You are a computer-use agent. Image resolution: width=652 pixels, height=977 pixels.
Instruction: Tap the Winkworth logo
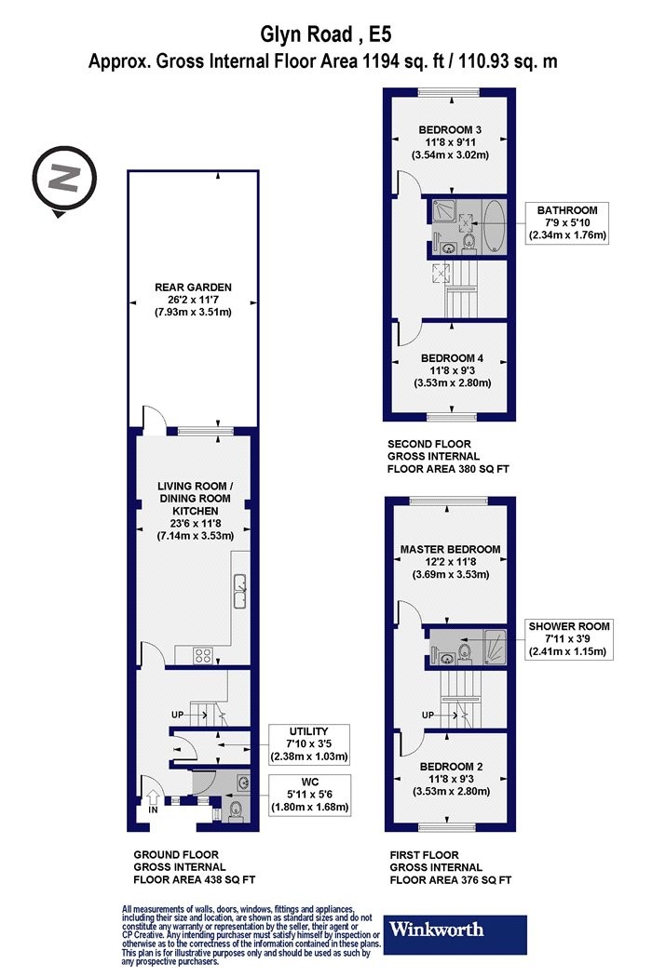[x=455, y=934]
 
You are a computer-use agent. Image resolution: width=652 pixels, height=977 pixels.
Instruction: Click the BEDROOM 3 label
[x=450, y=129]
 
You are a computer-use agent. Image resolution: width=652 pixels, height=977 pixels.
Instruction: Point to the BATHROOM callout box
[x=567, y=223]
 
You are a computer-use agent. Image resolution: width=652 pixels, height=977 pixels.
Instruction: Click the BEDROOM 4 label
[x=452, y=358]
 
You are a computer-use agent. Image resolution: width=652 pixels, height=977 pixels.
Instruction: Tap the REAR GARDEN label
[x=193, y=288]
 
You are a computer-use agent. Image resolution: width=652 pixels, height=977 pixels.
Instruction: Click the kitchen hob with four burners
[x=203, y=655]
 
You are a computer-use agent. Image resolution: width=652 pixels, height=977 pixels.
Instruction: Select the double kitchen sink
[x=240, y=591]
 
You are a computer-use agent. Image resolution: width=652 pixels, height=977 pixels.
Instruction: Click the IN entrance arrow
[x=153, y=797]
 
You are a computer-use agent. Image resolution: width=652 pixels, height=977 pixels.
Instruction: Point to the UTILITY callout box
[x=309, y=744]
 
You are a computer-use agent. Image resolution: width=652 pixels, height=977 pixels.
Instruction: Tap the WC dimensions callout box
[x=309, y=795]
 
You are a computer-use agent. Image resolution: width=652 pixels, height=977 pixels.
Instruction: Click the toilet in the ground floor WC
[x=236, y=811]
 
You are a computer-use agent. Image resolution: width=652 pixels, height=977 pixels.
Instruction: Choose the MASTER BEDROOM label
[x=450, y=550]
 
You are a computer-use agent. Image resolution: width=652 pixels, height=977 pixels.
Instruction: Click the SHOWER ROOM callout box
[x=569, y=639]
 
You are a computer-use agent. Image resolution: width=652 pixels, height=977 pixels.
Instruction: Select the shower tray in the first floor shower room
[x=495, y=647]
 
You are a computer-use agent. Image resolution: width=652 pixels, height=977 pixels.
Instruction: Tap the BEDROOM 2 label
[x=451, y=767]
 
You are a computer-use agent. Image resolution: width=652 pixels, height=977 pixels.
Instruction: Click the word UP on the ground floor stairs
[x=178, y=715]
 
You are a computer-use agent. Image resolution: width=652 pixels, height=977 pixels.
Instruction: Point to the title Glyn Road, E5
[x=326, y=34]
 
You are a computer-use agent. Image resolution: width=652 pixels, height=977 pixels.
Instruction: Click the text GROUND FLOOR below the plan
[x=176, y=855]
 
